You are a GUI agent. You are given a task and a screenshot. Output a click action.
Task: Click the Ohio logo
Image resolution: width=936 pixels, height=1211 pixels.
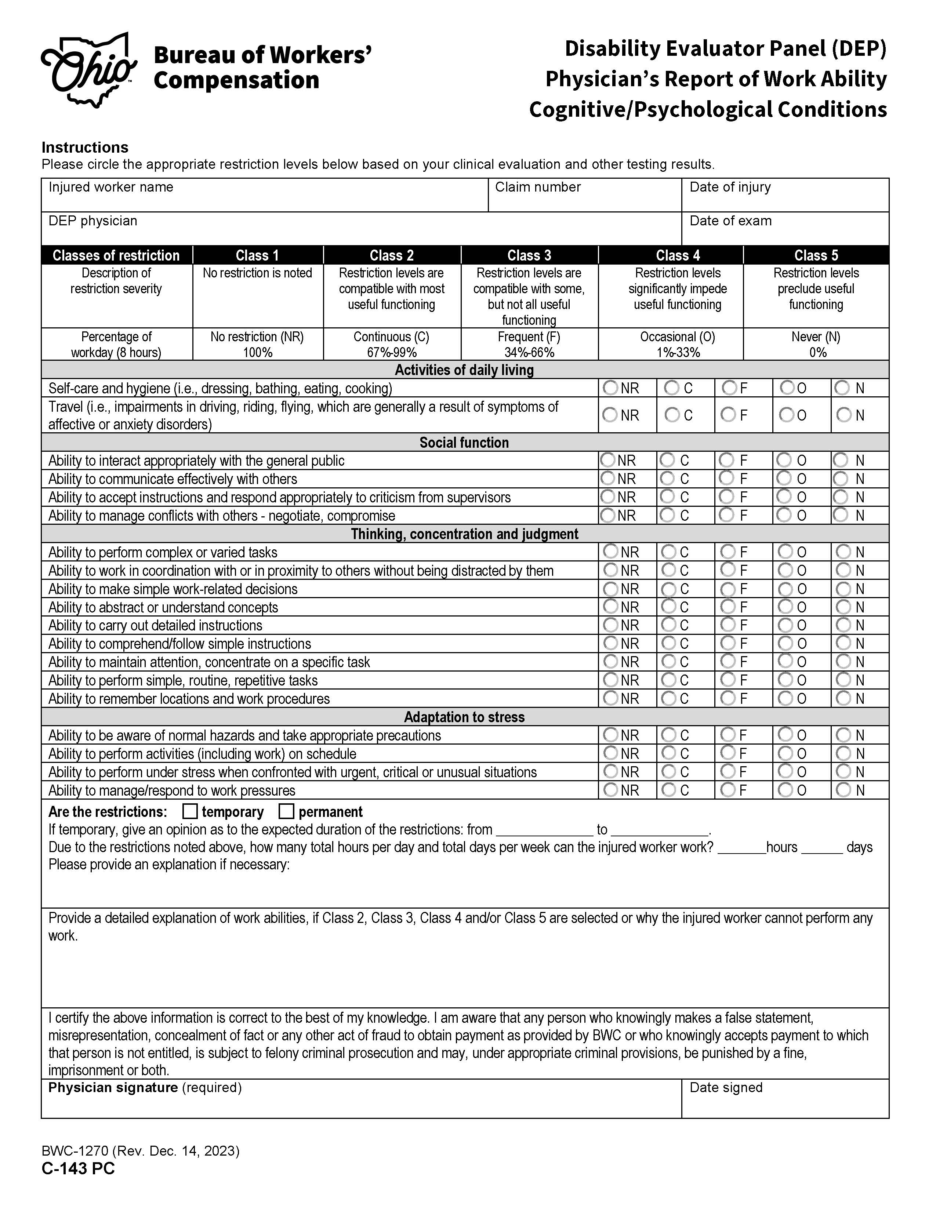click(89, 70)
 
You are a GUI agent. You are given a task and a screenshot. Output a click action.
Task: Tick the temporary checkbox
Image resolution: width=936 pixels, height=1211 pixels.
click(190, 812)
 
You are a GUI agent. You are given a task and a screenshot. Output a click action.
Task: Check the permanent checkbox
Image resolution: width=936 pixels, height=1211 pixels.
click(286, 812)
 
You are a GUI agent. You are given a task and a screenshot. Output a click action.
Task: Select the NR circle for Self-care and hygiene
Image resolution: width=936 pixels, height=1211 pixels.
click(610, 388)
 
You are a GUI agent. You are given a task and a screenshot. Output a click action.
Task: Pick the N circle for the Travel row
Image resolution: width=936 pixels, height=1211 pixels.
click(844, 414)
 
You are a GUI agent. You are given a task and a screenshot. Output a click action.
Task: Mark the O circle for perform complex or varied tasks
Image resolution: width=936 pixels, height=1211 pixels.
click(785, 551)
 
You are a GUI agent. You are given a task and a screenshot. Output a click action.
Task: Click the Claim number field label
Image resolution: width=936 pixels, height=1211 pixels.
click(537, 188)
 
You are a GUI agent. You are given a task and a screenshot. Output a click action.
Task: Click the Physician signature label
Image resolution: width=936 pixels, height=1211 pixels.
click(113, 1088)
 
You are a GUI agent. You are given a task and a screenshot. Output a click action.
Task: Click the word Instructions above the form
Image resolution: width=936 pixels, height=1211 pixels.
click(85, 148)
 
